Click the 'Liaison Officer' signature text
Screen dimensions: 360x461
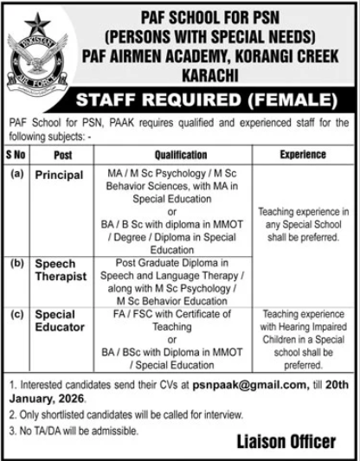point(286,442)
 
